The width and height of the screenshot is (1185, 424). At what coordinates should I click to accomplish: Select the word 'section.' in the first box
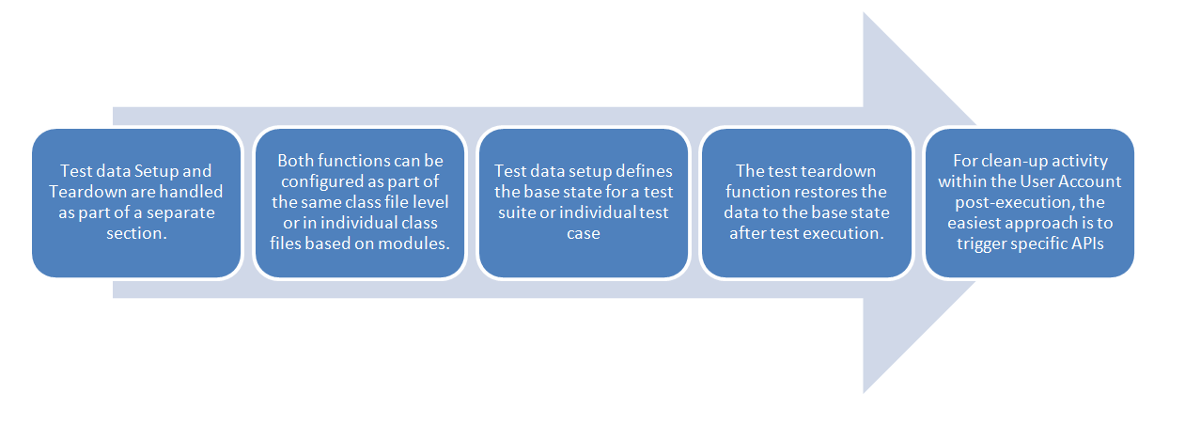136,233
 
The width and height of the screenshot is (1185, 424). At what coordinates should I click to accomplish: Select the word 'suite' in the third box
516,212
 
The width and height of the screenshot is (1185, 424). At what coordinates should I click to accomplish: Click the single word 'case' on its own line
584,233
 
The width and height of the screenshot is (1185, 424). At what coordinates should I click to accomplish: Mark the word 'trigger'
981,243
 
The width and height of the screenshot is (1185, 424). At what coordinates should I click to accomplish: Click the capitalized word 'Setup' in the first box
150,171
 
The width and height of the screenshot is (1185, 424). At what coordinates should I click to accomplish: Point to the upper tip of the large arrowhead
864,12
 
